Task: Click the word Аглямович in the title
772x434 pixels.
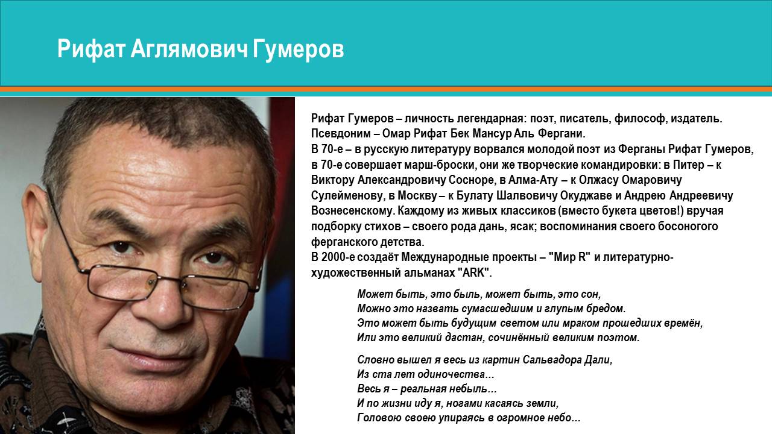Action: [x=189, y=49]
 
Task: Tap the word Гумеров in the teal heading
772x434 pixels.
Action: [x=299, y=50]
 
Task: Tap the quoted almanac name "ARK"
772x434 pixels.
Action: [x=474, y=273]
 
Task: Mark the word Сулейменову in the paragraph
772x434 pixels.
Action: [x=348, y=196]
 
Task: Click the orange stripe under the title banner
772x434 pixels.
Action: [x=386, y=89]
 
